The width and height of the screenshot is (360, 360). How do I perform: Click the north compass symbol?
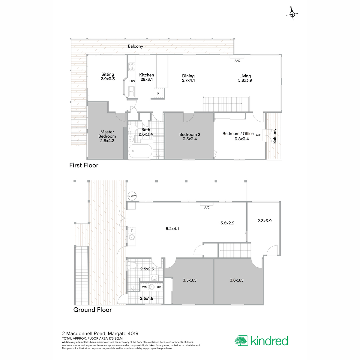pos(292,13)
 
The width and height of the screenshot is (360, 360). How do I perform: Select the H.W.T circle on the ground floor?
pos(132,196)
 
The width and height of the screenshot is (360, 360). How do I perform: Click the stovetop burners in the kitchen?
pos(132,67)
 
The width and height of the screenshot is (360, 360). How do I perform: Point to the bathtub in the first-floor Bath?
pos(140,151)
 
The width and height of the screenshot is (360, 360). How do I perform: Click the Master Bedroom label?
pos(107,134)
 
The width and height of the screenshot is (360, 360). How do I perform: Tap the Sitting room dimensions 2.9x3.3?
pos(108,79)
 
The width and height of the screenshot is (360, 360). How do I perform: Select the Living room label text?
pos(245,76)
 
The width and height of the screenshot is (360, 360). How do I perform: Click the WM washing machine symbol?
pos(145,287)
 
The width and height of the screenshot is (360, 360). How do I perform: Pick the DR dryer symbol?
pos(159,287)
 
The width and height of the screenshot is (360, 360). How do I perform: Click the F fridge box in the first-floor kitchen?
pos(158,93)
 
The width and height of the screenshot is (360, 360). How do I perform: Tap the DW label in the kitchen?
pos(132,81)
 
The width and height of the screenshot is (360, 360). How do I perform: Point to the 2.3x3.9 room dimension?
pos(264,220)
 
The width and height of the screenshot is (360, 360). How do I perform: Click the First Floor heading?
pos(84,165)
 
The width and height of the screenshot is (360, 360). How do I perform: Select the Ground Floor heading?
pos(92,310)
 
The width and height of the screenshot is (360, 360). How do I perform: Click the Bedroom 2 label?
pos(190,134)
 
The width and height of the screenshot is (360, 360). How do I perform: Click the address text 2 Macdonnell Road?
pos(84,333)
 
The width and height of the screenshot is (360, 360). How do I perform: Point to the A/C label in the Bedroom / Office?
pos(258,135)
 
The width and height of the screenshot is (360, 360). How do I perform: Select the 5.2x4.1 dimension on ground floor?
pos(172,229)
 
